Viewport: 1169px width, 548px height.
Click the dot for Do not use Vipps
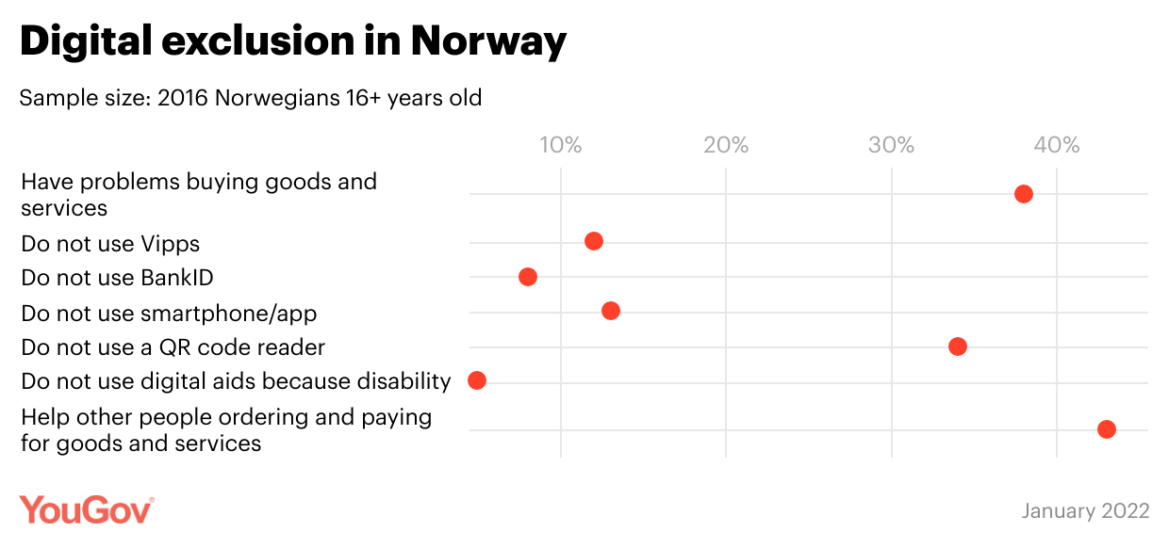click(594, 241)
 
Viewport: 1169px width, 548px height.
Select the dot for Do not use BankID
click(528, 277)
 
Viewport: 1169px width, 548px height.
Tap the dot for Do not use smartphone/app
click(611, 311)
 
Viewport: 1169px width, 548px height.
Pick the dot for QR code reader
click(958, 347)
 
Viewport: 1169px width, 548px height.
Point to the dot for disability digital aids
click(477, 380)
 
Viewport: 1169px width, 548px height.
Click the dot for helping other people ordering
click(1107, 429)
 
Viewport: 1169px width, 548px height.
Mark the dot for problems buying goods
click(1024, 194)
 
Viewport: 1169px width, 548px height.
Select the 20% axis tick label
click(726, 145)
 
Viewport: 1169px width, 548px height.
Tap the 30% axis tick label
click(892, 145)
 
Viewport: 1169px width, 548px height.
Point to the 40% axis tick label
click(1057, 145)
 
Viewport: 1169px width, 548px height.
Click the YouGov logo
click(86, 509)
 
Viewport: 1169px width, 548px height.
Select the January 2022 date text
click(1085, 511)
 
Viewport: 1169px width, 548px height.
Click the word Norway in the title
click(488, 40)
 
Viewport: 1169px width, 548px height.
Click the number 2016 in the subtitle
click(183, 98)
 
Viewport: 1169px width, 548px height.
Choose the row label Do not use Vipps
click(110, 244)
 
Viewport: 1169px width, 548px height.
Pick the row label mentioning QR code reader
click(173, 347)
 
